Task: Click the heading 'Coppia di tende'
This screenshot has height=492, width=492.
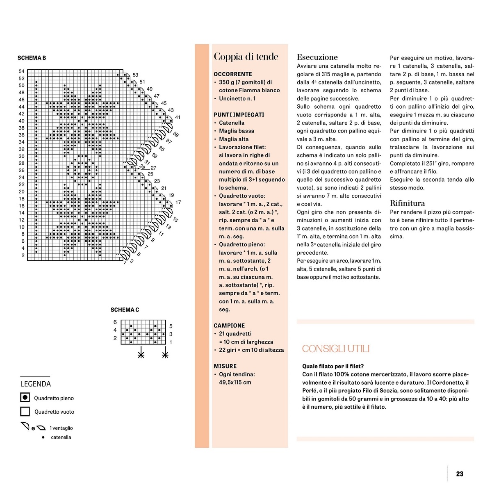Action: (x=246, y=57)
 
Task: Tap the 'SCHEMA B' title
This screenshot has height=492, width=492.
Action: (x=32, y=58)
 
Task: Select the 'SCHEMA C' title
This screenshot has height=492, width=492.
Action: (x=125, y=310)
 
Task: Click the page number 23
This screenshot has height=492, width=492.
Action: (x=460, y=474)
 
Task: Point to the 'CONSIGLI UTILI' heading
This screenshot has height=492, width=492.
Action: (x=336, y=349)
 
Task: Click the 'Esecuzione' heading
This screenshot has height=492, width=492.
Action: (x=317, y=57)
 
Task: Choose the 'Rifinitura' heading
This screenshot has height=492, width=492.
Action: (x=407, y=203)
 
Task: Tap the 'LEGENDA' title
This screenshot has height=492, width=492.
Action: (x=36, y=384)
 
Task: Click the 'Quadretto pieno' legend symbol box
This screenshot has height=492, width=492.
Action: (x=25, y=398)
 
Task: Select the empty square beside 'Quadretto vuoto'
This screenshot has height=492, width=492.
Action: (x=25, y=412)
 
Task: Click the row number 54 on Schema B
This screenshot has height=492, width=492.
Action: (x=21, y=71)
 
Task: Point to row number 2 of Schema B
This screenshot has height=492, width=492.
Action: (x=23, y=255)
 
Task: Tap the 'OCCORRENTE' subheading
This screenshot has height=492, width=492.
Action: (x=233, y=74)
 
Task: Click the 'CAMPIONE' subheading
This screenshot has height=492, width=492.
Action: (x=229, y=326)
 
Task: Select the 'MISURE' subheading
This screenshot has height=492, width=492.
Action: (x=225, y=366)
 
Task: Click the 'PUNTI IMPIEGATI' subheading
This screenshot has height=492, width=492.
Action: (x=239, y=115)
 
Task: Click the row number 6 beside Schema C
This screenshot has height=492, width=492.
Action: (x=115, y=322)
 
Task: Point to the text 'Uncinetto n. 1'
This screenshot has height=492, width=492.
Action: (x=237, y=98)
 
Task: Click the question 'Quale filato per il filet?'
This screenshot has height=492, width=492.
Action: (x=333, y=366)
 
